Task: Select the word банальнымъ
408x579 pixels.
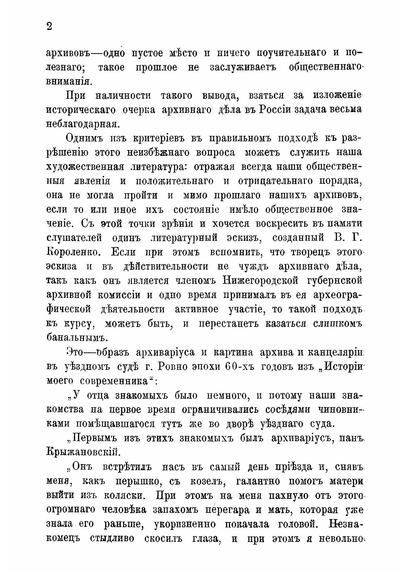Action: click(76, 337)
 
